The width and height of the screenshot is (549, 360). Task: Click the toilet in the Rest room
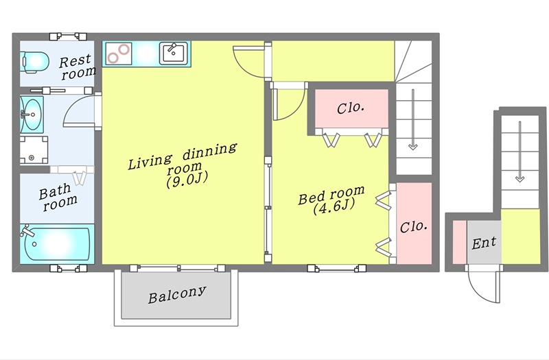point(35,62)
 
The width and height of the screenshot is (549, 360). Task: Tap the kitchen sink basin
point(174,53)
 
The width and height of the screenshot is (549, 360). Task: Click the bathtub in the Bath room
point(57,244)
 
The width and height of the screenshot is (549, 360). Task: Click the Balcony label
point(176,295)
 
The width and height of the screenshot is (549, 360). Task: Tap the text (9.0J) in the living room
point(187,179)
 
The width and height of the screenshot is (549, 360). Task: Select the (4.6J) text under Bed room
point(334,206)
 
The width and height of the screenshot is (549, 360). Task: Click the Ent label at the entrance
point(484,243)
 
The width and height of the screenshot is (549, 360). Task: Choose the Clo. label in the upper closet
point(351,108)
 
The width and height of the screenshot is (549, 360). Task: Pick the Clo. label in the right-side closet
point(414,227)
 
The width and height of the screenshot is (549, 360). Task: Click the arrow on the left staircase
point(413,119)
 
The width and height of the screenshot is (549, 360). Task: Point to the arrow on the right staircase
point(520,152)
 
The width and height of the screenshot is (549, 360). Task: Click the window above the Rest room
point(68,36)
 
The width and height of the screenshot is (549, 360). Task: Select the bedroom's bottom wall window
point(337,268)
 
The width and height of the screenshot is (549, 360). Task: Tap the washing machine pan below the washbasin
point(34,149)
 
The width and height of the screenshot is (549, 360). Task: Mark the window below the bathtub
point(68,268)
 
